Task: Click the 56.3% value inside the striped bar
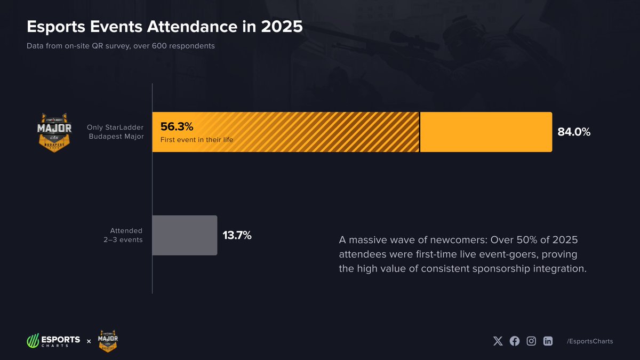pyautogui.click(x=177, y=127)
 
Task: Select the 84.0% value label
pyautogui.click(x=574, y=132)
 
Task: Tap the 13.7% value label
pyautogui.click(x=237, y=235)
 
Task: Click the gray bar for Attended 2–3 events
pyautogui.click(x=185, y=235)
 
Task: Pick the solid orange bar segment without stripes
pyautogui.click(x=485, y=132)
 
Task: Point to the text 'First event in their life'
pyautogui.click(x=197, y=140)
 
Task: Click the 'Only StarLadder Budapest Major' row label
pyautogui.click(x=115, y=132)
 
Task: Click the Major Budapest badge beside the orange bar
pyautogui.click(x=54, y=132)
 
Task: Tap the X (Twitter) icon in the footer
pyautogui.click(x=498, y=341)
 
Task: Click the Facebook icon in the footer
pyautogui.click(x=515, y=341)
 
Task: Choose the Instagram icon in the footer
pyautogui.click(x=531, y=341)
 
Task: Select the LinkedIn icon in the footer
pyautogui.click(x=548, y=341)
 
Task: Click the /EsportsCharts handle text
pyautogui.click(x=590, y=341)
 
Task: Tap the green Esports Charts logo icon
pyautogui.click(x=33, y=340)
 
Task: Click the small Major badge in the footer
pyautogui.click(x=108, y=340)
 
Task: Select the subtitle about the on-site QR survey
pyautogui.click(x=121, y=46)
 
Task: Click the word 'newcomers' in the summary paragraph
pyautogui.click(x=460, y=240)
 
